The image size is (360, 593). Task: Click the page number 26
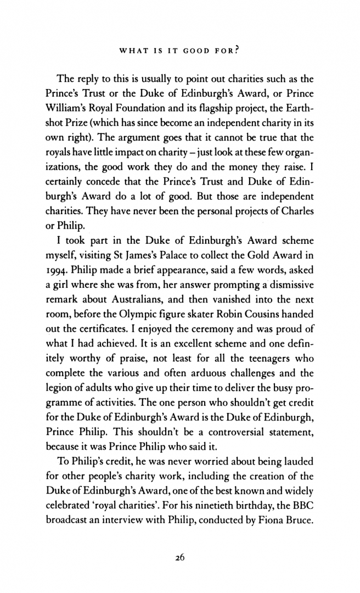pos(180,557)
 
